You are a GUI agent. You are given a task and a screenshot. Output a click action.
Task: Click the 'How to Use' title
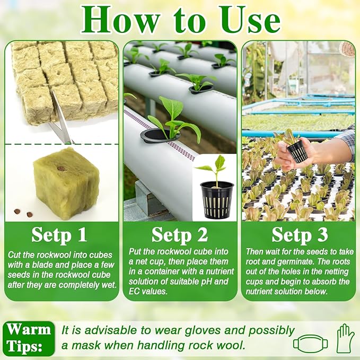tap(180, 20)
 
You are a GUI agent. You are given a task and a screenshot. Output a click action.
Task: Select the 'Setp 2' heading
tap(180, 234)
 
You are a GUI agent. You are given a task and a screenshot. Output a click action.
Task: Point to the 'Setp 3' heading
tap(300, 234)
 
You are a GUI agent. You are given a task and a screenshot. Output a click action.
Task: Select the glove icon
tap(345, 338)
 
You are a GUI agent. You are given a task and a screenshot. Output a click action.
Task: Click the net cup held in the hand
tap(298, 151)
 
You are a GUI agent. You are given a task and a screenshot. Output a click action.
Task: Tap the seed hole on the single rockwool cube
tap(60, 169)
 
